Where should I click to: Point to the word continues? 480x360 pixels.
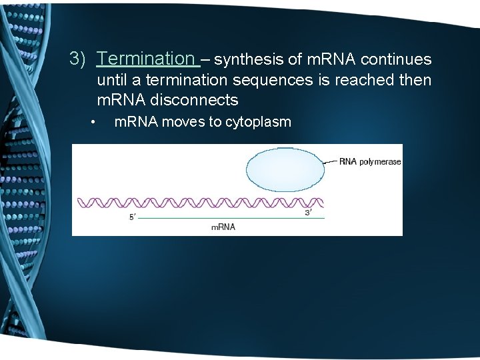tap(399, 60)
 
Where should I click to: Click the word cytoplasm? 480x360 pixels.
tap(259, 123)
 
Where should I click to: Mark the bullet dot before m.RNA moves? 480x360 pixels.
tap(95, 123)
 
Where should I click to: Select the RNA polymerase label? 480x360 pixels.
tap(369, 161)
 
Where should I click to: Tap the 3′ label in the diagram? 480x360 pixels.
tap(308, 212)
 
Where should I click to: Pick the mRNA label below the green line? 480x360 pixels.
tap(223, 227)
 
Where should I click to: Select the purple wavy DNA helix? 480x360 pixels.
tap(200, 203)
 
